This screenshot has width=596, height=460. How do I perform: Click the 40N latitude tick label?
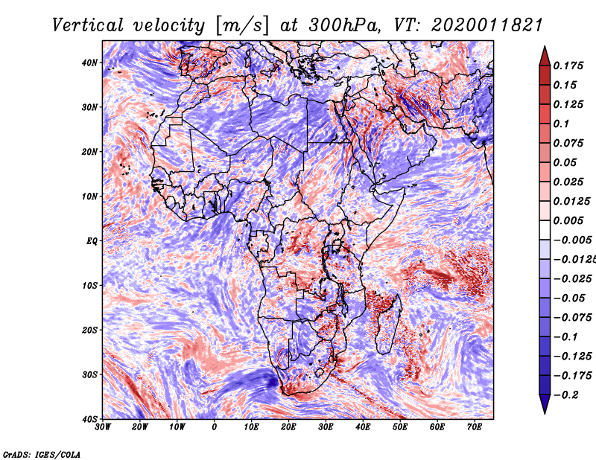(89, 63)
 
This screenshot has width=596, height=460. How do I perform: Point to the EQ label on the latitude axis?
(92, 241)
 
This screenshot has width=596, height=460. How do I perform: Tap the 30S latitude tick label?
(89, 375)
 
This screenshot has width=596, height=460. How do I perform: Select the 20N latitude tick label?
(89, 152)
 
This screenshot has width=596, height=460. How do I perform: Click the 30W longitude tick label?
(103, 427)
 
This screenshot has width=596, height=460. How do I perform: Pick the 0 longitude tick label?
(215, 427)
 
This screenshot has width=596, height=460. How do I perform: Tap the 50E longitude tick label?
(400, 427)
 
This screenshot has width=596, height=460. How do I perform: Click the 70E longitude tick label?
(475, 427)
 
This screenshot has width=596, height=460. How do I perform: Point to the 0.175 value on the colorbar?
(568, 66)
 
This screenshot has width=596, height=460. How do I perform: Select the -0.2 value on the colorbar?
(565, 395)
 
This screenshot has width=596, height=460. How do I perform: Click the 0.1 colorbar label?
(562, 124)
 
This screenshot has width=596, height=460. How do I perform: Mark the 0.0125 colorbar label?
(572, 201)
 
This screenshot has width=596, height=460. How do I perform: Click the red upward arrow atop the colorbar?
(545, 56)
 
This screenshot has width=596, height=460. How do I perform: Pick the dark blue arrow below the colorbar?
(545, 404)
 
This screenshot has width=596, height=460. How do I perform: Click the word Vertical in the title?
(88, 25)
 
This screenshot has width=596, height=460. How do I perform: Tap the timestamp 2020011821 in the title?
(487, 25)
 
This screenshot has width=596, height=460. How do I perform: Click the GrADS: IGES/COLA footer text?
(42, 455)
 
